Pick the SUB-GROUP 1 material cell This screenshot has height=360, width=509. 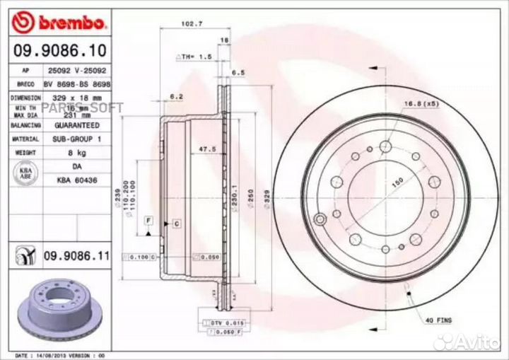(x=76, y=139)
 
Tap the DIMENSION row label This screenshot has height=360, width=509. (x=25, y=97)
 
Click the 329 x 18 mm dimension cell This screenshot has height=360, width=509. (x=76, y=97)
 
